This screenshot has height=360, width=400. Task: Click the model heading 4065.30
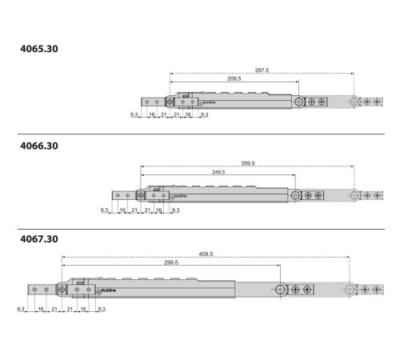39,49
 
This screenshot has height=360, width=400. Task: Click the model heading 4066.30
39,146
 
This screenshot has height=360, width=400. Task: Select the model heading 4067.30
39,239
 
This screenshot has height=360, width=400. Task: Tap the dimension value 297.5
262,70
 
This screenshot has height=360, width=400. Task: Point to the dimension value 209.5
234,78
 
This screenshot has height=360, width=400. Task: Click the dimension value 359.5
248,163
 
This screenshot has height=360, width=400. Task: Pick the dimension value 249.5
218,172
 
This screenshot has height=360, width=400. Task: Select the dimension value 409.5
206,254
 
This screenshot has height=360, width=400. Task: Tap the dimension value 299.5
171,262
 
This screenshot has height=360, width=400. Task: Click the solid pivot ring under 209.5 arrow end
298,102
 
